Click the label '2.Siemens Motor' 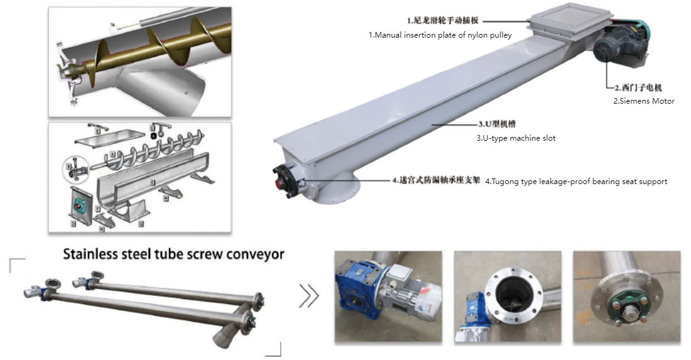(x=644, y=101)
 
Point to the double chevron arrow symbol (x=308, y=296)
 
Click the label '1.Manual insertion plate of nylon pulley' (x=440, y=35)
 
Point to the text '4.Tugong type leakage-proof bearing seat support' (x=576, y=182)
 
